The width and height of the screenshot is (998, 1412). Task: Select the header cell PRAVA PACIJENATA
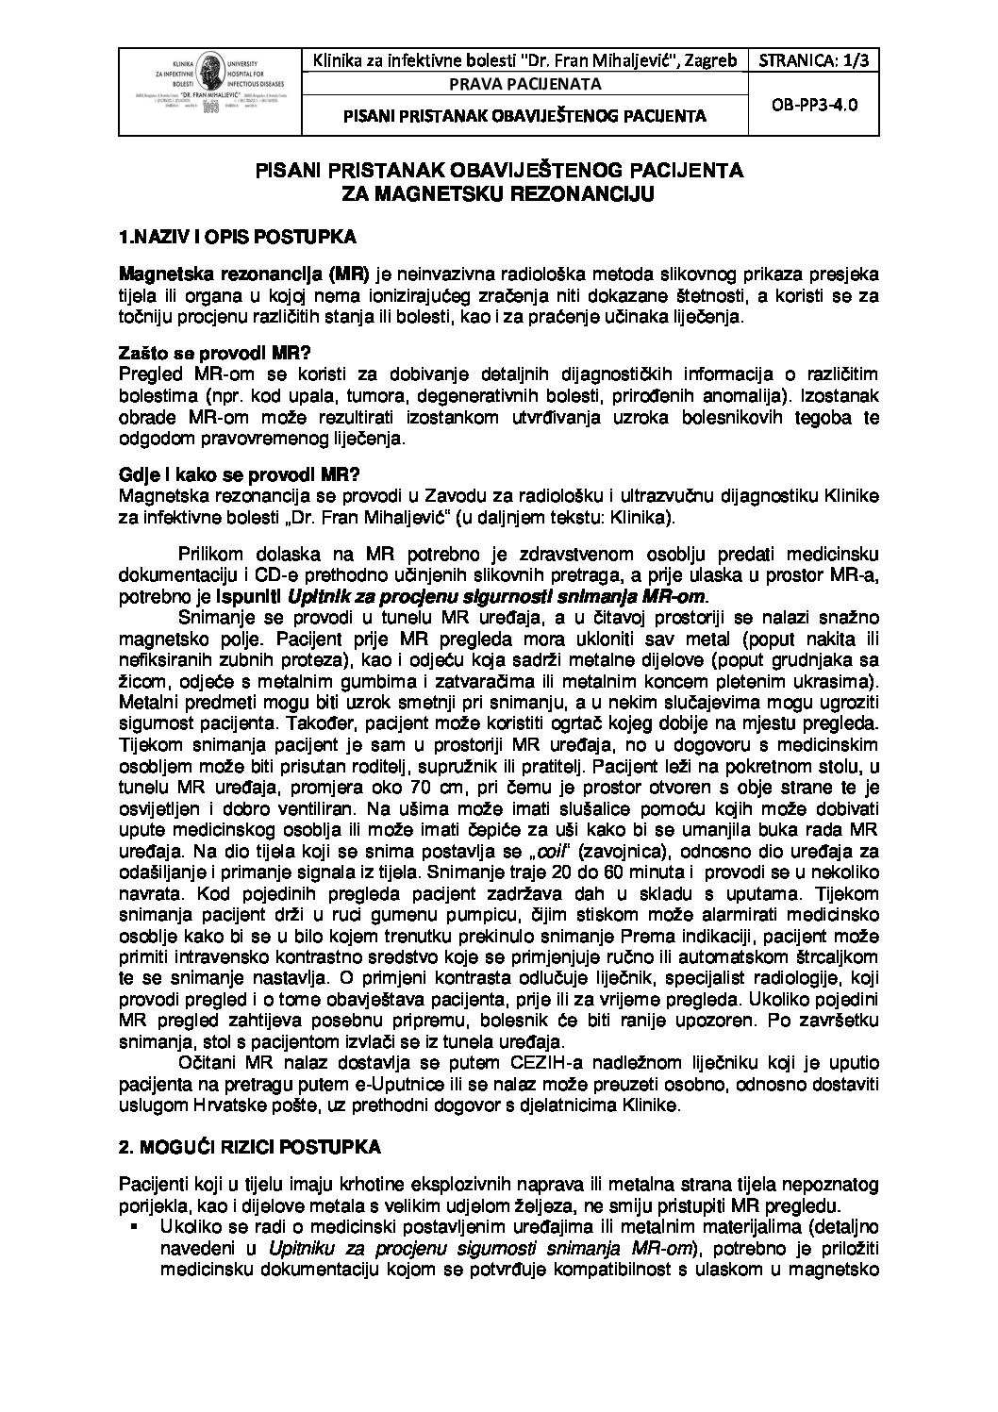(524, 85)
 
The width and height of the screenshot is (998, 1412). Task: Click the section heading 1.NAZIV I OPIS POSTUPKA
(237, 237)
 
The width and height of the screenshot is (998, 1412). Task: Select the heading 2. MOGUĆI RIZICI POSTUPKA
(250, 1147)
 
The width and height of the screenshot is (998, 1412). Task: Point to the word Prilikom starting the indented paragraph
(209, 554)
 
